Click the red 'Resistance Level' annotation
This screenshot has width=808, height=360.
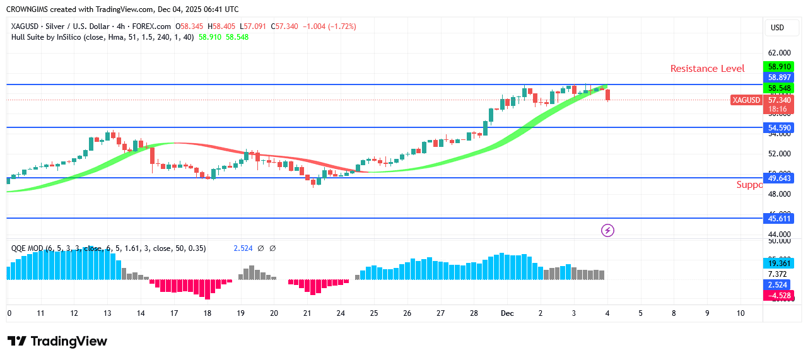point(707,69)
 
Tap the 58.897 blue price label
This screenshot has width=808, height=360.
point(778,77)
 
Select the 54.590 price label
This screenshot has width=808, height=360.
point(778,128)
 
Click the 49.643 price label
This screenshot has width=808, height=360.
point(778,178)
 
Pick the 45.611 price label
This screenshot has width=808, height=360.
point(778,219)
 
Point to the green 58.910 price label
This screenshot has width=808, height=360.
point(778,66)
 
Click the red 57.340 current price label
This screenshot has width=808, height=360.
point(778,100)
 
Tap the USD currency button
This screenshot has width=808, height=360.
point(777,28)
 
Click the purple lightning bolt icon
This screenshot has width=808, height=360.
point(607,231)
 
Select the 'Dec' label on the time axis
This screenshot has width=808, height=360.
point(507,313)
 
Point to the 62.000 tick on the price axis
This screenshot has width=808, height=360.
point(778,53)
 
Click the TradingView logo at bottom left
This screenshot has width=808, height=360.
point(57,341)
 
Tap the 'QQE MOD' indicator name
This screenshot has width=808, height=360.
point(26,248)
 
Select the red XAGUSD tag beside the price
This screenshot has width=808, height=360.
point(746,100)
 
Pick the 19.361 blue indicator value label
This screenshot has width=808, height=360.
point(778,263)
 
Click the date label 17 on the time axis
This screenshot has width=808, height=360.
point(174,313)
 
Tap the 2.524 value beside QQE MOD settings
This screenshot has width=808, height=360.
point(243,248)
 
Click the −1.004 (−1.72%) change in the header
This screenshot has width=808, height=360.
point(329,26)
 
